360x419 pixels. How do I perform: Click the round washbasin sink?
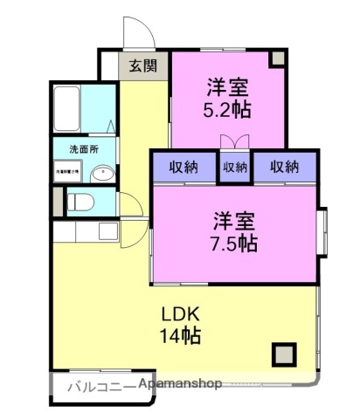(x=101, y=173)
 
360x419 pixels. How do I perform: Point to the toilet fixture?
(x=80, y=203)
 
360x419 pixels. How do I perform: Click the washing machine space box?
(x=68, y=174)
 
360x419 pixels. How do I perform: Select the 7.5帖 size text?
(x=237, y=242)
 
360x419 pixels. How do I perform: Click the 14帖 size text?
(x=180, y=334)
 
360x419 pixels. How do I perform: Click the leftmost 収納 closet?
(x=183, y=166)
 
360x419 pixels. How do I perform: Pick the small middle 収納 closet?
(x=234, y=166)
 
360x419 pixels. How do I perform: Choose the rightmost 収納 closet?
(x=285, y=166)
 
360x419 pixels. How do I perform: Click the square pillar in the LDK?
(x=282, y=354)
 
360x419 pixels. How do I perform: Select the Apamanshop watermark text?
(x=179, y=384)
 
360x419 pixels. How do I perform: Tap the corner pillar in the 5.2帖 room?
(x=277, y=58)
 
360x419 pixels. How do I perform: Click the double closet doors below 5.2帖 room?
(x=234, y=141)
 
